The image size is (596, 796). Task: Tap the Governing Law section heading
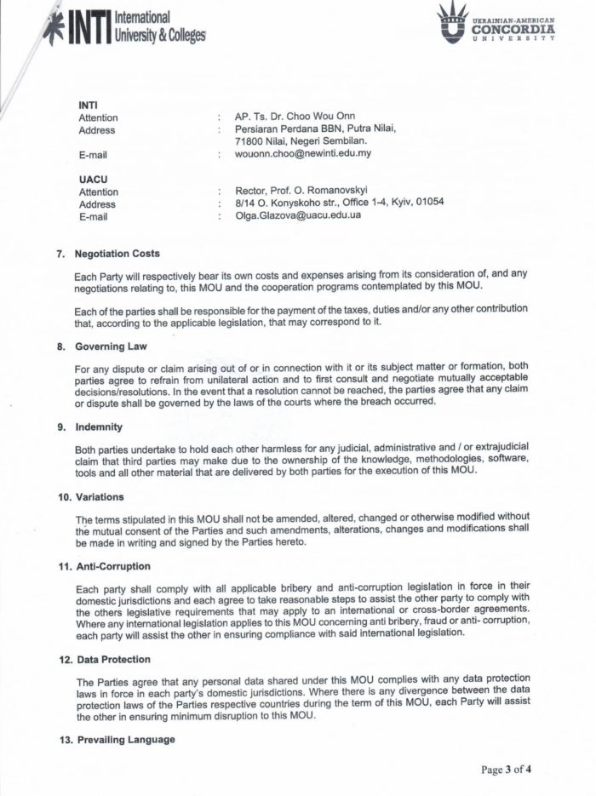coord(111,346)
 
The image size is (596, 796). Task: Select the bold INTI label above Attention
coord(88,105)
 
